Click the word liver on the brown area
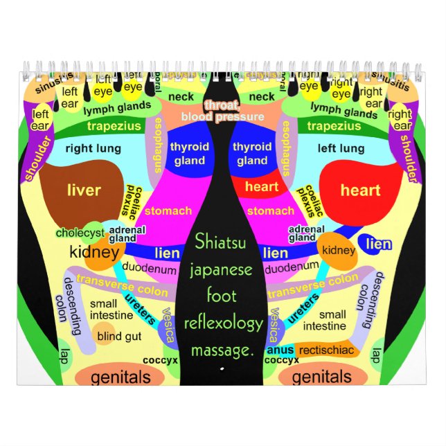coord(84,190)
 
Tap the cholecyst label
coord(79,233)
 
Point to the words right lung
coord(93,148)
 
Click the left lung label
coord(341,148)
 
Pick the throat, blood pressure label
coord(222,111)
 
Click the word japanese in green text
coord(223,269)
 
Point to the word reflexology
coord(223,323)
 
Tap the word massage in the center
coord(223,352)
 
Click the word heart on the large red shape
coord(360,190)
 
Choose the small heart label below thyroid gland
coord(262,186)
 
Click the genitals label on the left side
coord(121,377)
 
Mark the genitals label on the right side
coord(321,377)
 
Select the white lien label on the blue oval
coord(379,243)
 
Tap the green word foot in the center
coord(222,296)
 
